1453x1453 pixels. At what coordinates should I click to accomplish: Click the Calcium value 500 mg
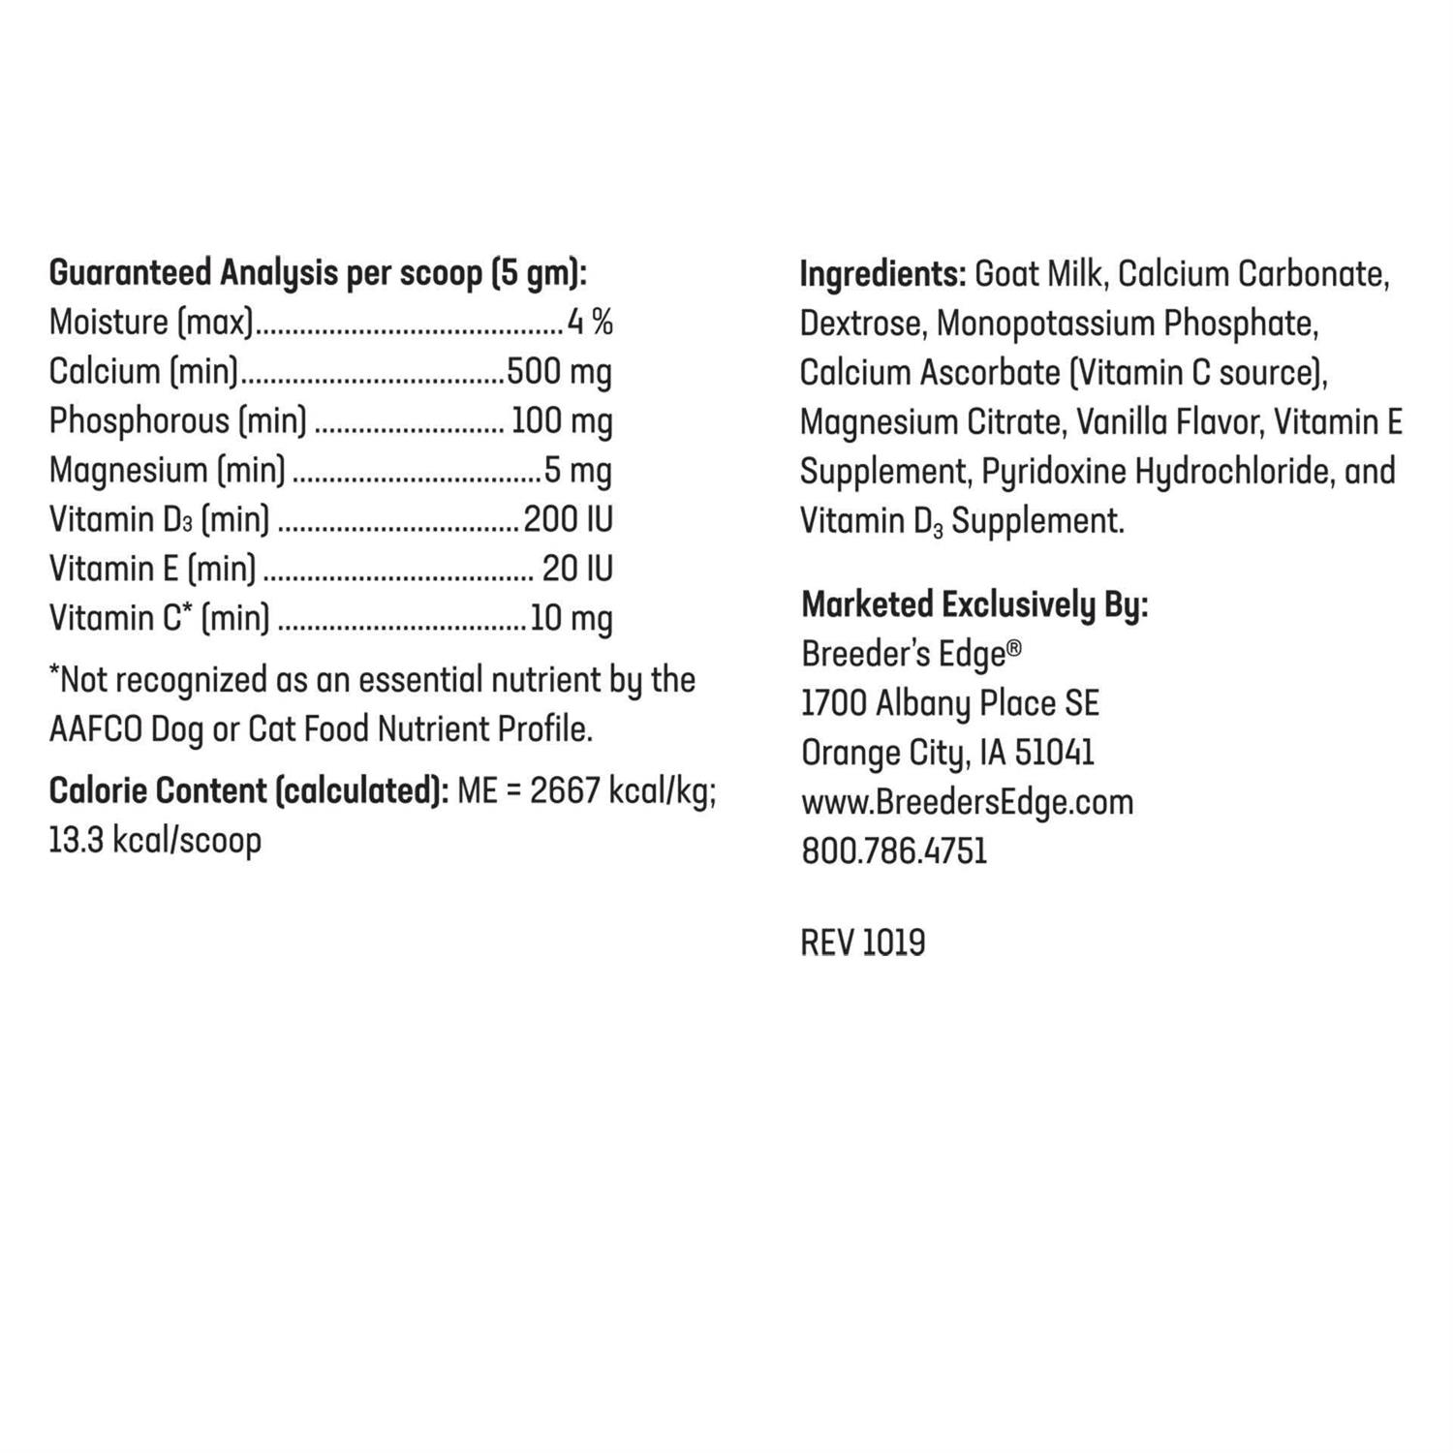[559, 371]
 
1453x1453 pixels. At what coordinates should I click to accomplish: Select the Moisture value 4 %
[590, 322]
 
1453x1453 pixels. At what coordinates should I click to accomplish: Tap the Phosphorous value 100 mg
[562, 420]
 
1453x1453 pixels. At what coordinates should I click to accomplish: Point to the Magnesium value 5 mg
[578, 470]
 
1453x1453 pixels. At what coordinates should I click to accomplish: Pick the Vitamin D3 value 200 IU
[569, 519]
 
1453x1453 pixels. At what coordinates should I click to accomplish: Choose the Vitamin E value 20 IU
[577, 569]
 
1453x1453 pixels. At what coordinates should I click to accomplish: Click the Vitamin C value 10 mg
[572, 618]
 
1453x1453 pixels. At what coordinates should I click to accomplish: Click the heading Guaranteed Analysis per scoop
[318, 273]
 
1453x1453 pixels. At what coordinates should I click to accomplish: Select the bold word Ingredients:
[882, 274]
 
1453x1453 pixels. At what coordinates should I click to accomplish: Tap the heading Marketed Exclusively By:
[974, 604]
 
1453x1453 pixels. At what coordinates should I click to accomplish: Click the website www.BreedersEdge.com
[967, 802]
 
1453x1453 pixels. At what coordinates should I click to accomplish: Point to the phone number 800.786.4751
[894, 851]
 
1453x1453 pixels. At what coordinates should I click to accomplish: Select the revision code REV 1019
[863, 943]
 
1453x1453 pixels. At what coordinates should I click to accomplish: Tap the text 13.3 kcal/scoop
[155, 840]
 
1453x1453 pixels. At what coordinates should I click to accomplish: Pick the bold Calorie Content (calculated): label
[249, 790]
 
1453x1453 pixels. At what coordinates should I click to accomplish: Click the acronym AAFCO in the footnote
[95, 728]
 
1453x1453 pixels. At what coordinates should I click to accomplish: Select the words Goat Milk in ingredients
[1038, 274]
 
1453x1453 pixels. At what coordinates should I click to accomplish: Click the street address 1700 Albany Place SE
[950, 703]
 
